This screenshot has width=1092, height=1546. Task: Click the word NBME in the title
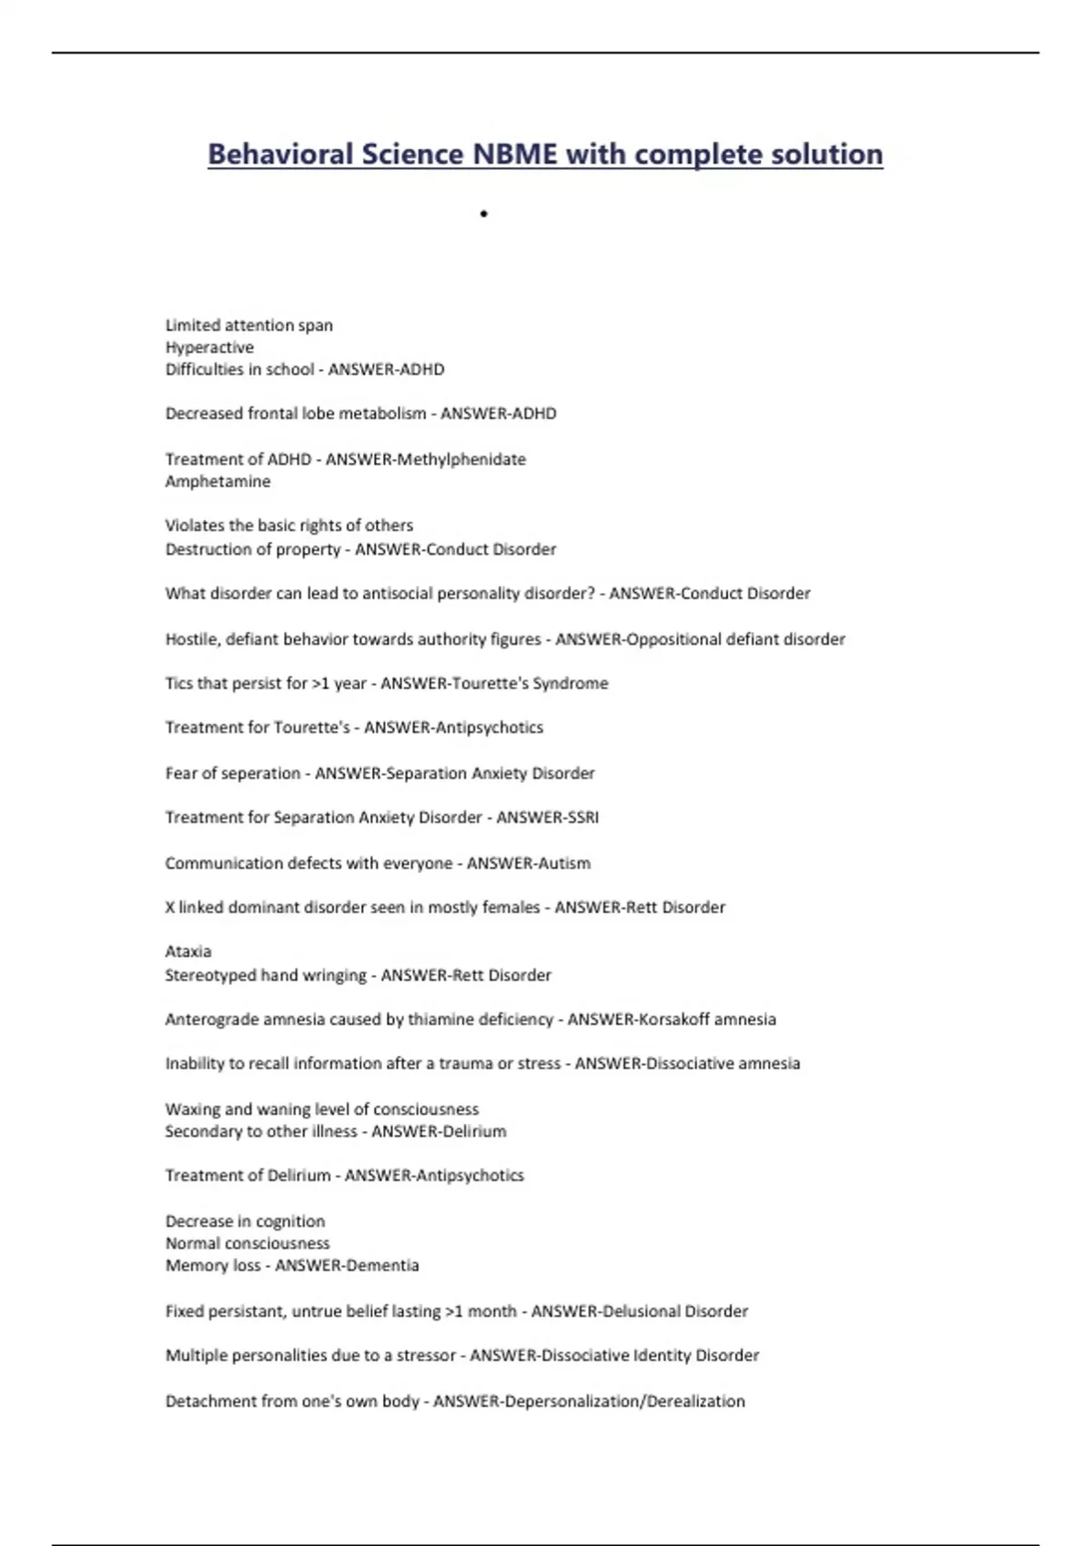click(x=514, y=154)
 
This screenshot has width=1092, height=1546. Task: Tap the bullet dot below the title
click(x=484, y=215)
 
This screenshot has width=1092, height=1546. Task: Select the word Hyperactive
click(x=209, y=347)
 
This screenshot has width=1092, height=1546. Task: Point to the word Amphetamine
click(x=217, y=481)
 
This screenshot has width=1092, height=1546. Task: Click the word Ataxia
click(x=188, y=951)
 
